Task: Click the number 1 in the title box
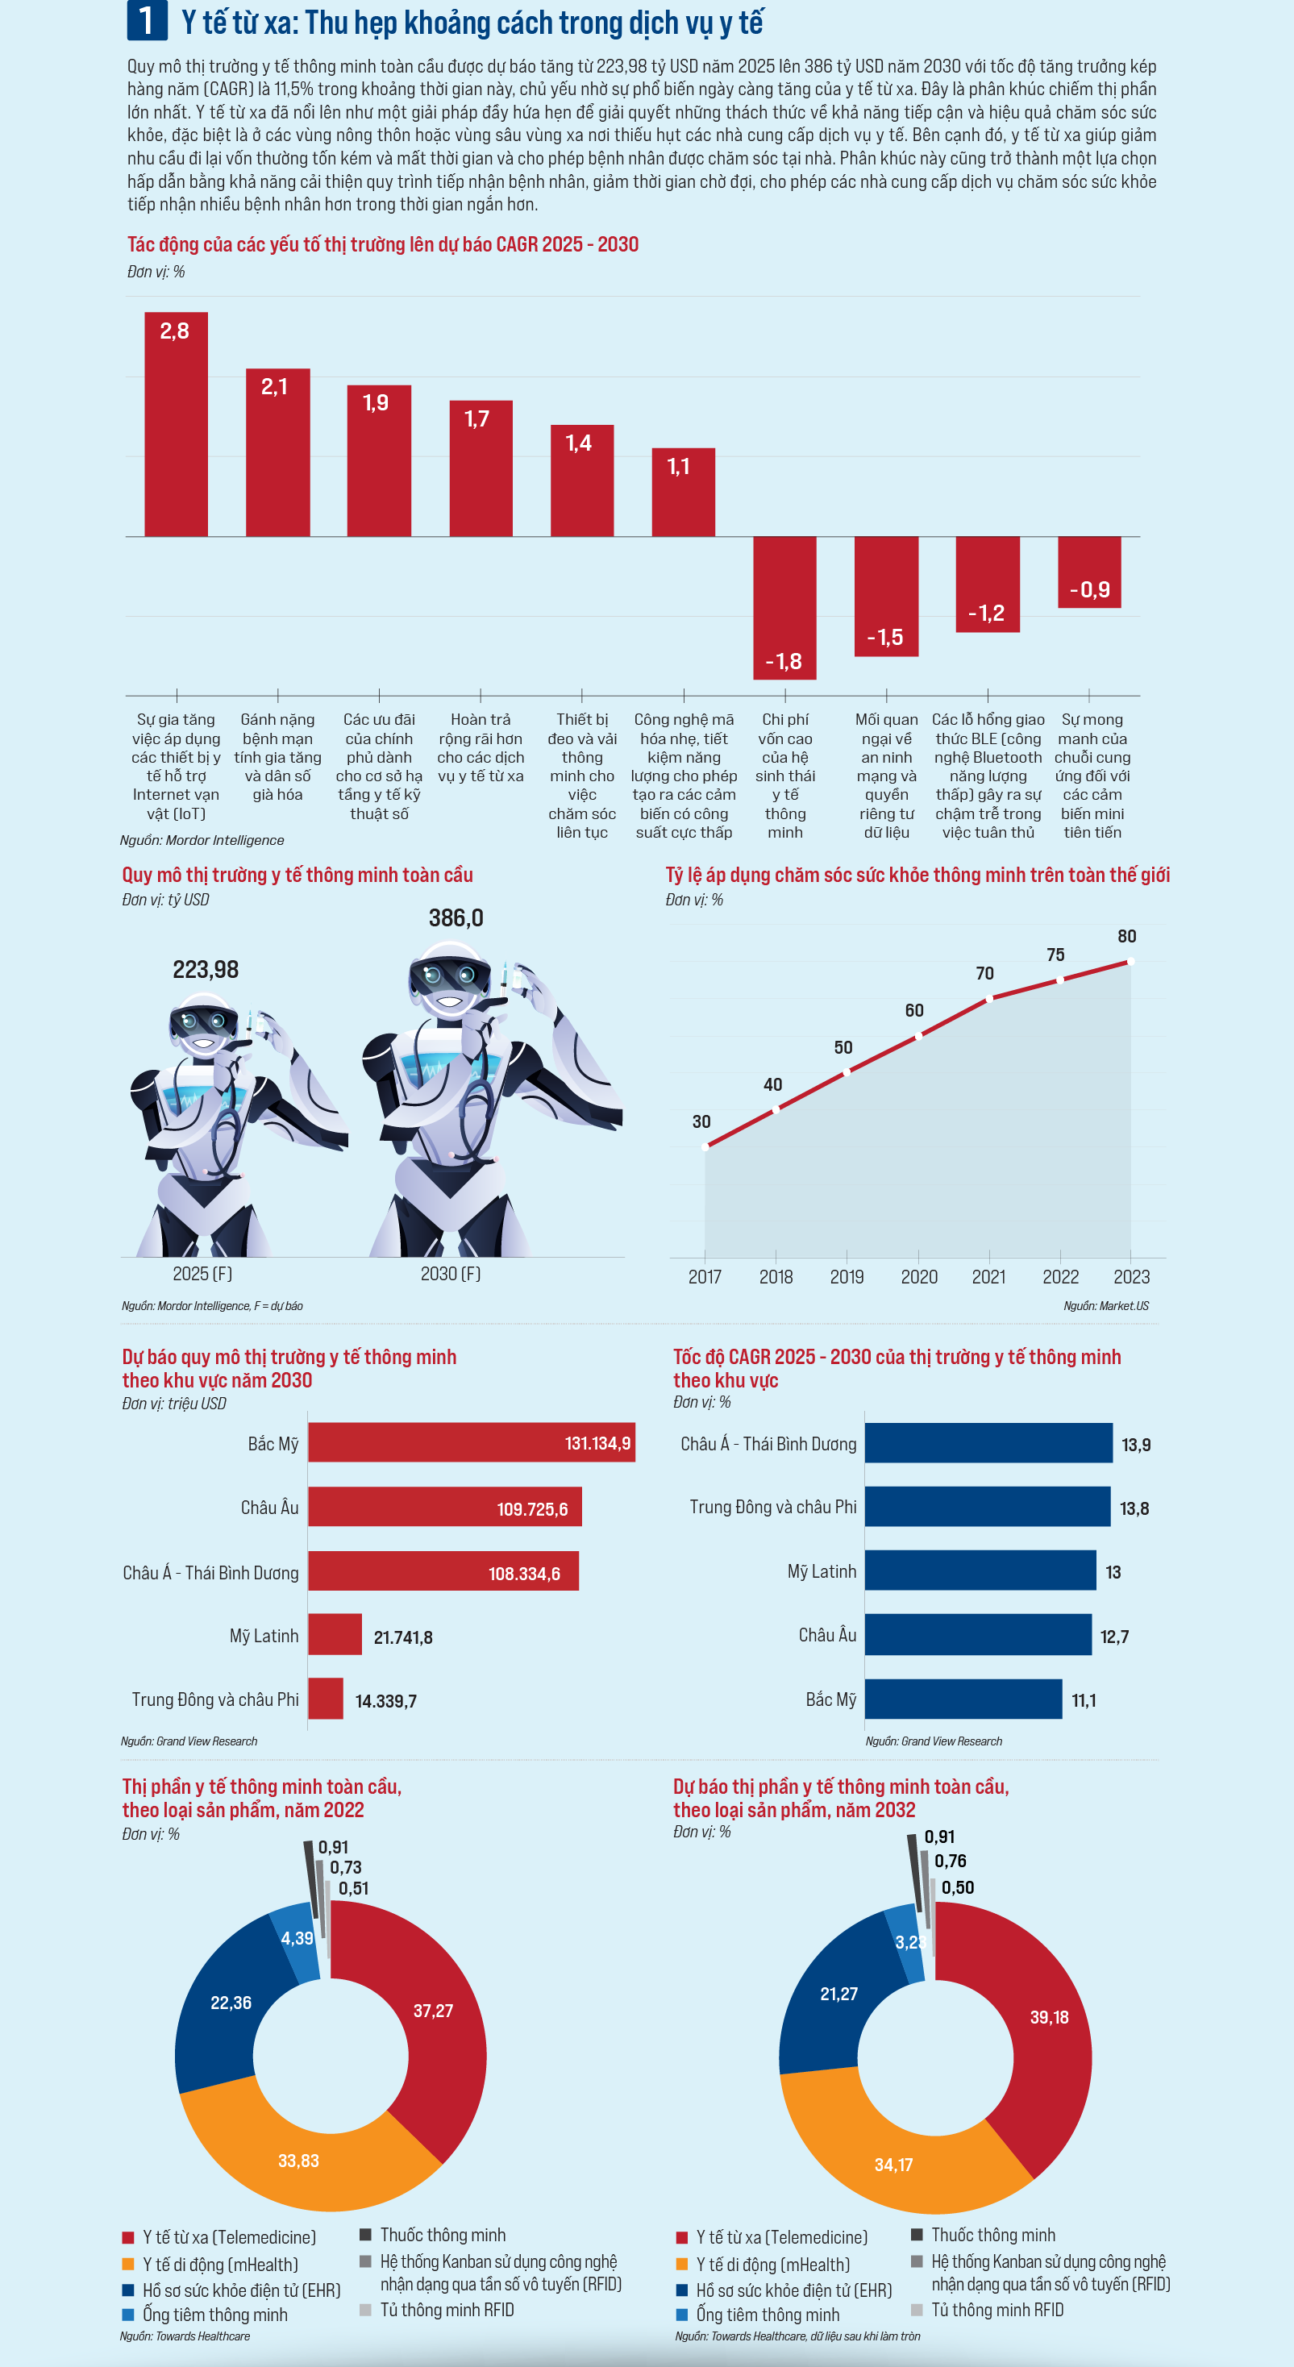point(146,21)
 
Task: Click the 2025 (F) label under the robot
point(202,1274)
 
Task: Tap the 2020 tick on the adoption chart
point(918,1276)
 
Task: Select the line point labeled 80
point(1130,961)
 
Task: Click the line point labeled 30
point(705,1146)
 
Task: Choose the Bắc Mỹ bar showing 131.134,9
point(471,1442)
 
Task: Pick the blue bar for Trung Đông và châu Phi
point(987,1507)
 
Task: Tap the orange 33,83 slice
point(298,2159)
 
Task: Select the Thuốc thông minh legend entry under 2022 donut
point(442,2235)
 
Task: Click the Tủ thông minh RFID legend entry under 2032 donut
point(997,2310)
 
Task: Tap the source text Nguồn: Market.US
point(1105,1306)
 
